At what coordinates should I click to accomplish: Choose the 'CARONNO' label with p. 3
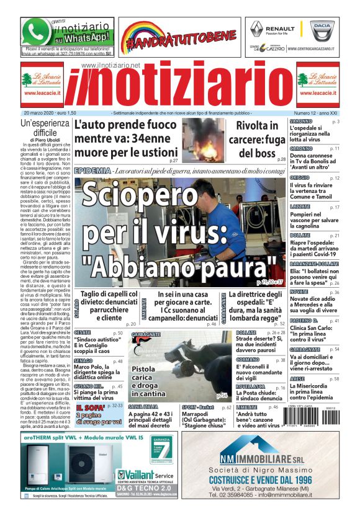pyautogui.click(x=300, y=122)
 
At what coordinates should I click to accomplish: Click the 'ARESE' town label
pyautogui.click(x=297, y=378)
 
